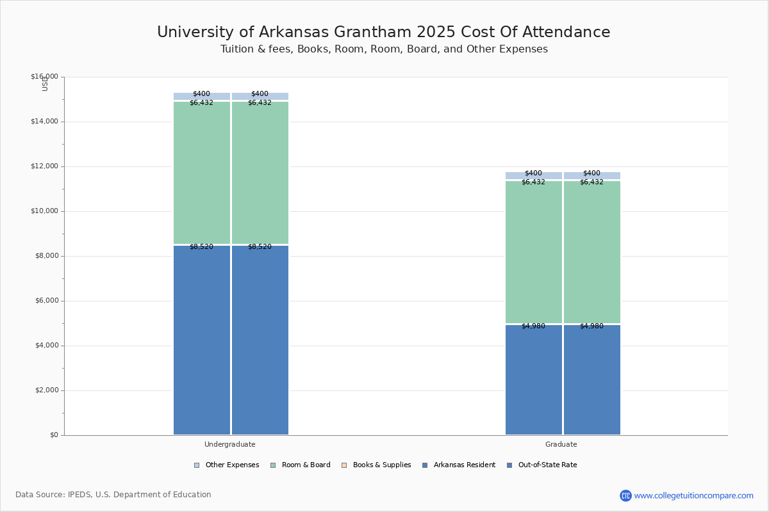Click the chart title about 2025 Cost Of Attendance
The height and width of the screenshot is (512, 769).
pos(383,33)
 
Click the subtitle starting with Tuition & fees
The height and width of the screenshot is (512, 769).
pos(384,49)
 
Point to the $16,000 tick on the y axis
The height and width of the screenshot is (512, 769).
pos(44,77)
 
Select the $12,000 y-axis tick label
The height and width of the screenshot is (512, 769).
pos(44,166)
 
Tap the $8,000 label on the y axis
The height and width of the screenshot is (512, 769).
pos(46,256)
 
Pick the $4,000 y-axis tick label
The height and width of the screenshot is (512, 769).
pos(46,346)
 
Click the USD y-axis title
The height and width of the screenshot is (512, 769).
pos(45,83)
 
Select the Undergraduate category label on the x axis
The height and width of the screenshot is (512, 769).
pos(229,444)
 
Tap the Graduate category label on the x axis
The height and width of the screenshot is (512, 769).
pos(561,444)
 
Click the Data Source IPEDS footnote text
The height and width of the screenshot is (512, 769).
pos(113,495)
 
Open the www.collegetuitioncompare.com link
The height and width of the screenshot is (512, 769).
pos(693,495)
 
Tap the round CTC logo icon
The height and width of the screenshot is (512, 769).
pos(625,495)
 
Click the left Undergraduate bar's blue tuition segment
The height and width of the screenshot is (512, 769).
pos(202,339)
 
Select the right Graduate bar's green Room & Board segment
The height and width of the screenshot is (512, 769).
pos(592,252)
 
